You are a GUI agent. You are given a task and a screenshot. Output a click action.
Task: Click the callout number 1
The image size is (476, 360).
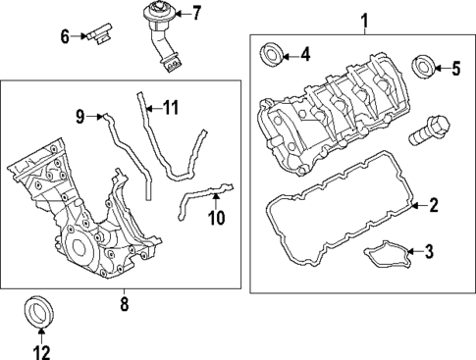(365, 19)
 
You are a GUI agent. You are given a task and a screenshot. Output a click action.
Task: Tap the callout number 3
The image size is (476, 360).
(428, 253)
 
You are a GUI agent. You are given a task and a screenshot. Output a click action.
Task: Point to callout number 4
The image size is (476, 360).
(304, 54)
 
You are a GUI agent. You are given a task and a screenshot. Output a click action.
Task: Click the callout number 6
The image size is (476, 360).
(65, 37)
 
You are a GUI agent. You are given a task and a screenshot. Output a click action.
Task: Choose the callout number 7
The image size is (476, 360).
(195, 14)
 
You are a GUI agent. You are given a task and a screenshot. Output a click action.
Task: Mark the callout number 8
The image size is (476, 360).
(124, 305)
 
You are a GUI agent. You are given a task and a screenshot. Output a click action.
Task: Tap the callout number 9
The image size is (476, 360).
(81, 117)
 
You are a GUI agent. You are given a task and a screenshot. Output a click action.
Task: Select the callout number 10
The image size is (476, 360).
(216, 216)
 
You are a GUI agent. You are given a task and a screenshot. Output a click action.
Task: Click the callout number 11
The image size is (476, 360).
(171, 107)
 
